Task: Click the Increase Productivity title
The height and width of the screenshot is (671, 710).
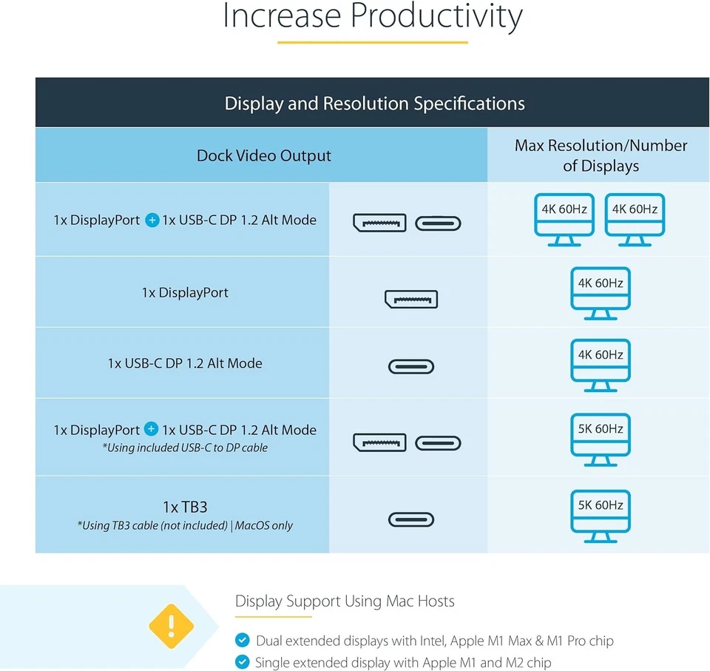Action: pyautogui.click(x=373, y=18)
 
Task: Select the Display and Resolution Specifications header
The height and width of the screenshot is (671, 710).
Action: pyautogui.click(x=374, y=104)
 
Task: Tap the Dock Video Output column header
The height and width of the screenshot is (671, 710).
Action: pyautogui.click(x=263, y=155)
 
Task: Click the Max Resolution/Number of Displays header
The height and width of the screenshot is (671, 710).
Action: pyautogui.click(x=601, y=155)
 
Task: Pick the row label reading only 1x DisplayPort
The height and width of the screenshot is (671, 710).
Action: pyautogui.click(x=185, y=293)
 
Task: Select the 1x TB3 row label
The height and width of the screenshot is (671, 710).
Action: pyautogui.click(x=185, y=507)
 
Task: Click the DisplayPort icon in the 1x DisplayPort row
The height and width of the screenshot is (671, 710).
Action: pyautogui.click(x=410, y=299)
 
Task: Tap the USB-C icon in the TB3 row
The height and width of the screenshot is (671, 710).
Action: pyautogui.click(x=411, y=519)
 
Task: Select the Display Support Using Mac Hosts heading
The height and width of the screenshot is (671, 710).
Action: pyautogui.click(x=345, y=601)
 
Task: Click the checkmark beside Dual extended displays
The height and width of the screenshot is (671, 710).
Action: pyautogui.click(x=242, y=641)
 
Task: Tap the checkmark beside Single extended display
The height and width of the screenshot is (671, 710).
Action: pyautogui.click(x=242, y=663)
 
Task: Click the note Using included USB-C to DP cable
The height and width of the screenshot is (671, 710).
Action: pyautogui.click(x=185, y=448)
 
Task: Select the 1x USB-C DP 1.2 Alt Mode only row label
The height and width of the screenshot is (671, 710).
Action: pyautogui.click(x=185, y=363)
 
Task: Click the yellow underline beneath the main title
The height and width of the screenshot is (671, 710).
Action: pyautogui.click(x=373, y=42)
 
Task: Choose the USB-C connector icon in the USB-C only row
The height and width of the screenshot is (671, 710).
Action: pyautogui.click(x=411, y=366)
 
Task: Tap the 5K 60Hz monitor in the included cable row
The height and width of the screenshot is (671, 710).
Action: pyautogui.click(x=601, y=439)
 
